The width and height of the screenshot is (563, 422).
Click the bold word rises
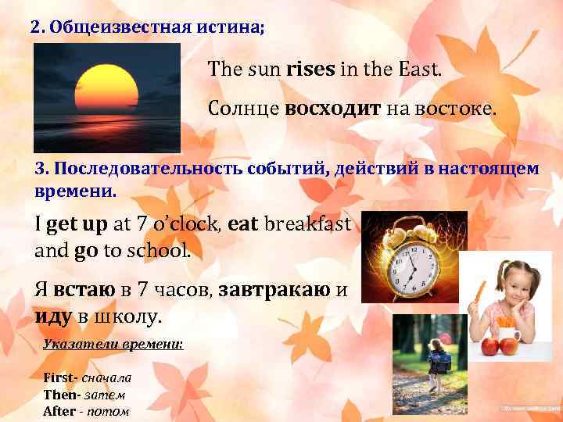click(311, 70)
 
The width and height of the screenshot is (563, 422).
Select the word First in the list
click(59, 377)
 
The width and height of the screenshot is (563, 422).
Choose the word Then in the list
click(59, 394)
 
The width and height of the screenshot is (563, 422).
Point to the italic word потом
click(107, 411)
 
